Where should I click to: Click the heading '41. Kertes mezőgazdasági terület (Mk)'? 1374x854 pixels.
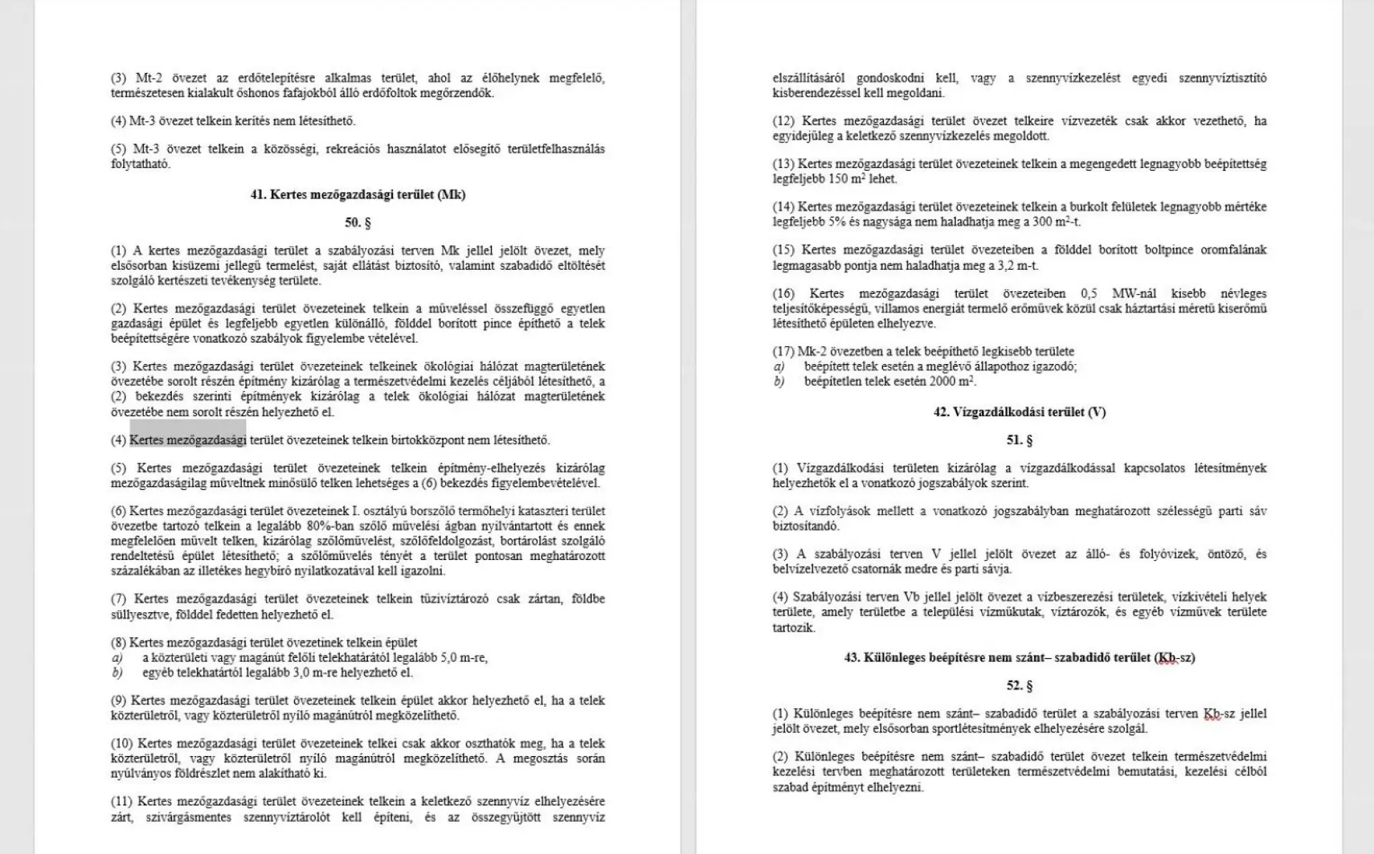[x=358, y=195]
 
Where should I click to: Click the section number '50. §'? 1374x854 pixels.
[x=358, y=222]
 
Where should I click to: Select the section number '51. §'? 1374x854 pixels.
[x=1019, y=440]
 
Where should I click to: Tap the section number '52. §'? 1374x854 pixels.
[x=1019, y=685]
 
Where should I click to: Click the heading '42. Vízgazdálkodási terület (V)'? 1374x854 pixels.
[x=1019, y=412]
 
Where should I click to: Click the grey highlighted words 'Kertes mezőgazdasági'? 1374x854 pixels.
[x=188, y=440]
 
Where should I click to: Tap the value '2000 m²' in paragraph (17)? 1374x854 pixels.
[x=952, y=381]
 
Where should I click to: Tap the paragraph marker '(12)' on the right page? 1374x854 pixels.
[x=784, y=121]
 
